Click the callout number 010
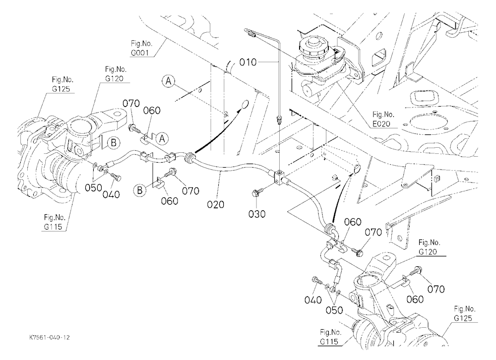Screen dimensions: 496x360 (248, 62)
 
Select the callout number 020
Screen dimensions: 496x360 (215, 204)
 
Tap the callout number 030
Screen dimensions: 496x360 (256, 214)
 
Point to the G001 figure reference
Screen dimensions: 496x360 (140, 53)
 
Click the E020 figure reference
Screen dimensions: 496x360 (381, 123)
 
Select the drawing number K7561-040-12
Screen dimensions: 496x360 (49, 337)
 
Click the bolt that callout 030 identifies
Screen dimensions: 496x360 (256, 193)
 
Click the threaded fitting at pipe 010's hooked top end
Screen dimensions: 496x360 (251, 33)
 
